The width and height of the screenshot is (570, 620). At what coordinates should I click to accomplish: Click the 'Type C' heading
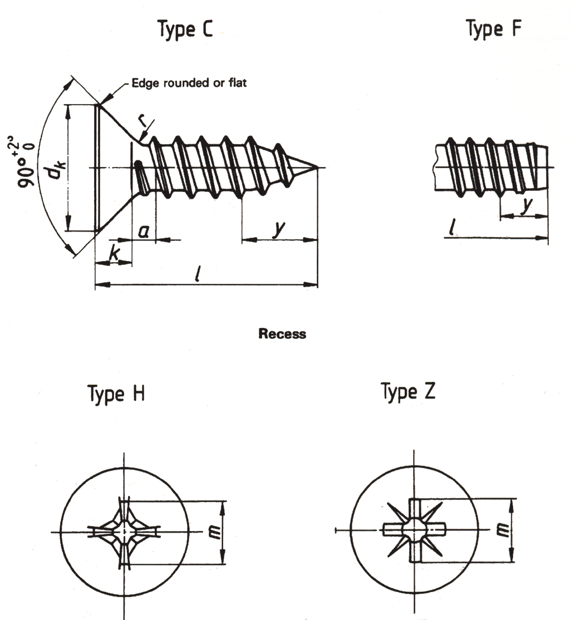tap(185, 29)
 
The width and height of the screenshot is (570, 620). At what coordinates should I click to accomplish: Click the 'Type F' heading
tap(493, 29)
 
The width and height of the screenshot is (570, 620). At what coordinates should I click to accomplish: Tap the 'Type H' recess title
tap(116, 394)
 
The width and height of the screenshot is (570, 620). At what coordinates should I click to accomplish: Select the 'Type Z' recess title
tap(408, 392)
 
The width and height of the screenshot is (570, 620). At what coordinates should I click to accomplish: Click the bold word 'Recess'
tap(282, 334)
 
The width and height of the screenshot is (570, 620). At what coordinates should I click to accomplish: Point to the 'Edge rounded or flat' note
tap(189, 83)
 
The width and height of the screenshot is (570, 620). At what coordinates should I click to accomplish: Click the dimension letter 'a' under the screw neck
tap(143, 232)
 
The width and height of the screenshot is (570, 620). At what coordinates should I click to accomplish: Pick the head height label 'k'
tap(114, 254)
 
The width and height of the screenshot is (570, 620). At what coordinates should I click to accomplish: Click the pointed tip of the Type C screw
tap(317, 168)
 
